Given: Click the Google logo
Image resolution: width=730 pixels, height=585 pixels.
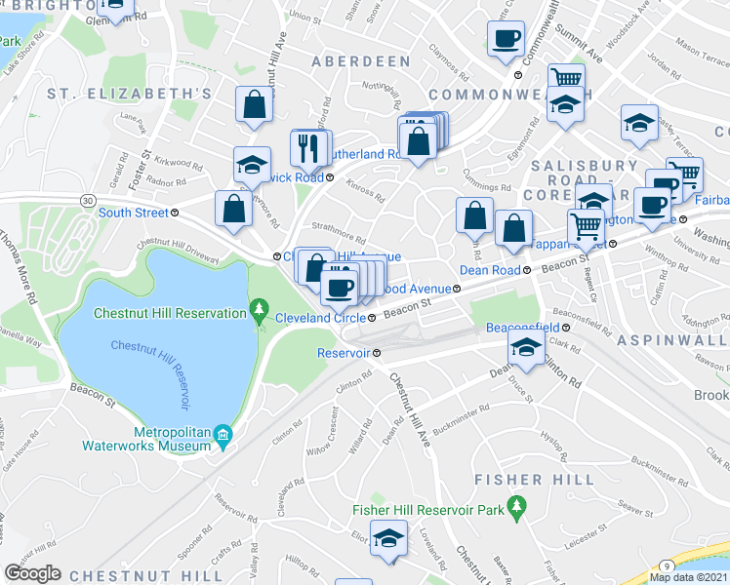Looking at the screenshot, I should [33, 573].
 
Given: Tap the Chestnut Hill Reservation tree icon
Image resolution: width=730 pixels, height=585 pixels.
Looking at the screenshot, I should [259, 312].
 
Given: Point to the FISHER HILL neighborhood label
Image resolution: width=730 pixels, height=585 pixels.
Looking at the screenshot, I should [534, 480].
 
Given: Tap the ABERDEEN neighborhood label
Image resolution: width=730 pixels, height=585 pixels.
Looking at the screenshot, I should [361, 61].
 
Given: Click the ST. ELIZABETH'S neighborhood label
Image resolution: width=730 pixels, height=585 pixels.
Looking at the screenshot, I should [130, 94].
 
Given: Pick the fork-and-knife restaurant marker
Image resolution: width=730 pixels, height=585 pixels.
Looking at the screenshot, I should [304, 147].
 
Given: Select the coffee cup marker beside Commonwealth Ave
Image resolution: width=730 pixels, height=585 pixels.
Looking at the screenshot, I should [506, 40].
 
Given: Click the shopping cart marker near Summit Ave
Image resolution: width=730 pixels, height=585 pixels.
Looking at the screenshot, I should [565, 80].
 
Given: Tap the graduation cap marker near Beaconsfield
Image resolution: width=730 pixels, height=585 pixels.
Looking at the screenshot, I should [525, 347].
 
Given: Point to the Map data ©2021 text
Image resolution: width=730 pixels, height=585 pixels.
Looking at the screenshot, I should [689, 577].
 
